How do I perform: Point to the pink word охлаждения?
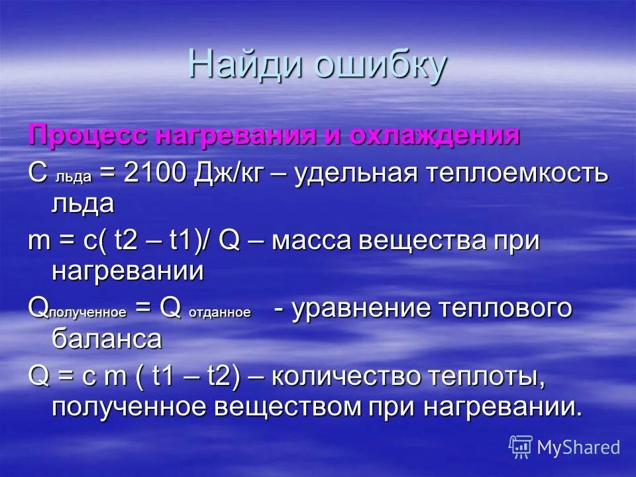coord(433,136)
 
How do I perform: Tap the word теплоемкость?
coord(517,174)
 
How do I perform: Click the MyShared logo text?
coord(578,447)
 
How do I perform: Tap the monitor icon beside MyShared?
coord(521,447)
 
